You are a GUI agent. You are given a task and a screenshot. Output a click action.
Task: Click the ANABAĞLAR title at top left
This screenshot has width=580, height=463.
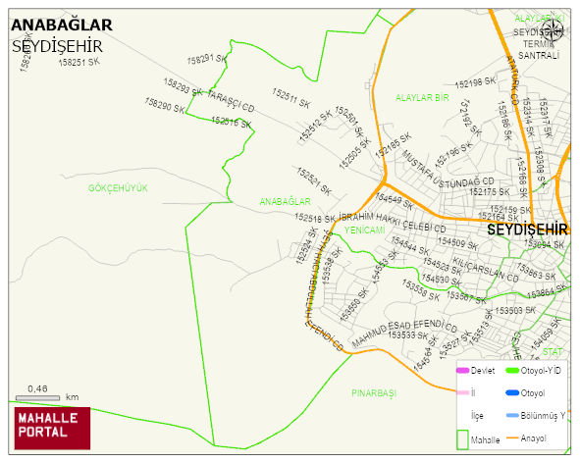tap(61, 25)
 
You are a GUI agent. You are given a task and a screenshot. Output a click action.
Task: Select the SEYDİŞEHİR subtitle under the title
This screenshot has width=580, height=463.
tap(58, 45)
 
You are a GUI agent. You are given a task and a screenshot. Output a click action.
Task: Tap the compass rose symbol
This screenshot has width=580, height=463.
tap(553, 29)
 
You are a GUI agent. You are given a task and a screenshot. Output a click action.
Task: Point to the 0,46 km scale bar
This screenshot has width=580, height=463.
tap(39, 398)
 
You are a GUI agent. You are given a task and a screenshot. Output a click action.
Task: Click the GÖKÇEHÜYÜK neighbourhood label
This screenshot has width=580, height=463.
tap(117, 187)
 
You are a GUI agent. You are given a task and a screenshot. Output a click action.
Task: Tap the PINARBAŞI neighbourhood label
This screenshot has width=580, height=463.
tap(373, 392)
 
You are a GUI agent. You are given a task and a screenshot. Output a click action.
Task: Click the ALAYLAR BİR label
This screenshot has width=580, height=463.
tap(422, 98)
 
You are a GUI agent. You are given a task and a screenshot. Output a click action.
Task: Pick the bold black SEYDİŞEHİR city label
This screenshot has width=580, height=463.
tap(528, 229)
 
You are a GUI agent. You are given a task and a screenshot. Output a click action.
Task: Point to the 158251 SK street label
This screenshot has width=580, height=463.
tap(79, 62)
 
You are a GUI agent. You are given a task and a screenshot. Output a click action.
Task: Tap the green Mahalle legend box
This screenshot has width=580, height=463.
tap(462, 437)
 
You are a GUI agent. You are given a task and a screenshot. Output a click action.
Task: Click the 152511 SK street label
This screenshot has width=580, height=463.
tap(291, 100)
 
